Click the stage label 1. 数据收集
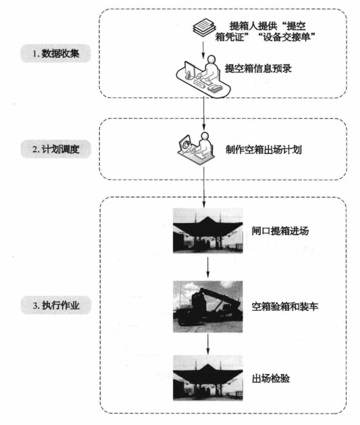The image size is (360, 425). coord(55,53)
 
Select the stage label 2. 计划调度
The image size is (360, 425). coord(56,149)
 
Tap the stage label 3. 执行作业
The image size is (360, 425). coord(56,305)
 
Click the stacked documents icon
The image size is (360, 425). coord(205,28)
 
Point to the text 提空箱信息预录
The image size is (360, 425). coord(258,68)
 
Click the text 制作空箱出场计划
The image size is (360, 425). coord(263,149)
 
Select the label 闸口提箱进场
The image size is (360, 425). coord(280,231)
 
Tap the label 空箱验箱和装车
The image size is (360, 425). coord(285,307)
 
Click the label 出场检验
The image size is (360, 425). coord(271,378)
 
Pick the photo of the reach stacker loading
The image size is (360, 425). coord(208,307)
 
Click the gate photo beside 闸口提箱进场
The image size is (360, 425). coord(208,230)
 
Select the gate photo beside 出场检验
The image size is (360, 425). coord(208,378)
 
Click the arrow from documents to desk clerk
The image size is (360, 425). coord(203,50)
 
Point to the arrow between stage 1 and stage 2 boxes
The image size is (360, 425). coord(204,114)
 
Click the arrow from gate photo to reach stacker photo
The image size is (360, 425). coord(208,268)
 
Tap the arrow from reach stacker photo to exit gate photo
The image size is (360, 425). coord(208,344)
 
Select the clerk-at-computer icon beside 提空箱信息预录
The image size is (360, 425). coord(203,76)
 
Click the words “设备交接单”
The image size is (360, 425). coord(287,37)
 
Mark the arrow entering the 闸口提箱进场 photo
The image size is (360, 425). coord(204,187)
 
